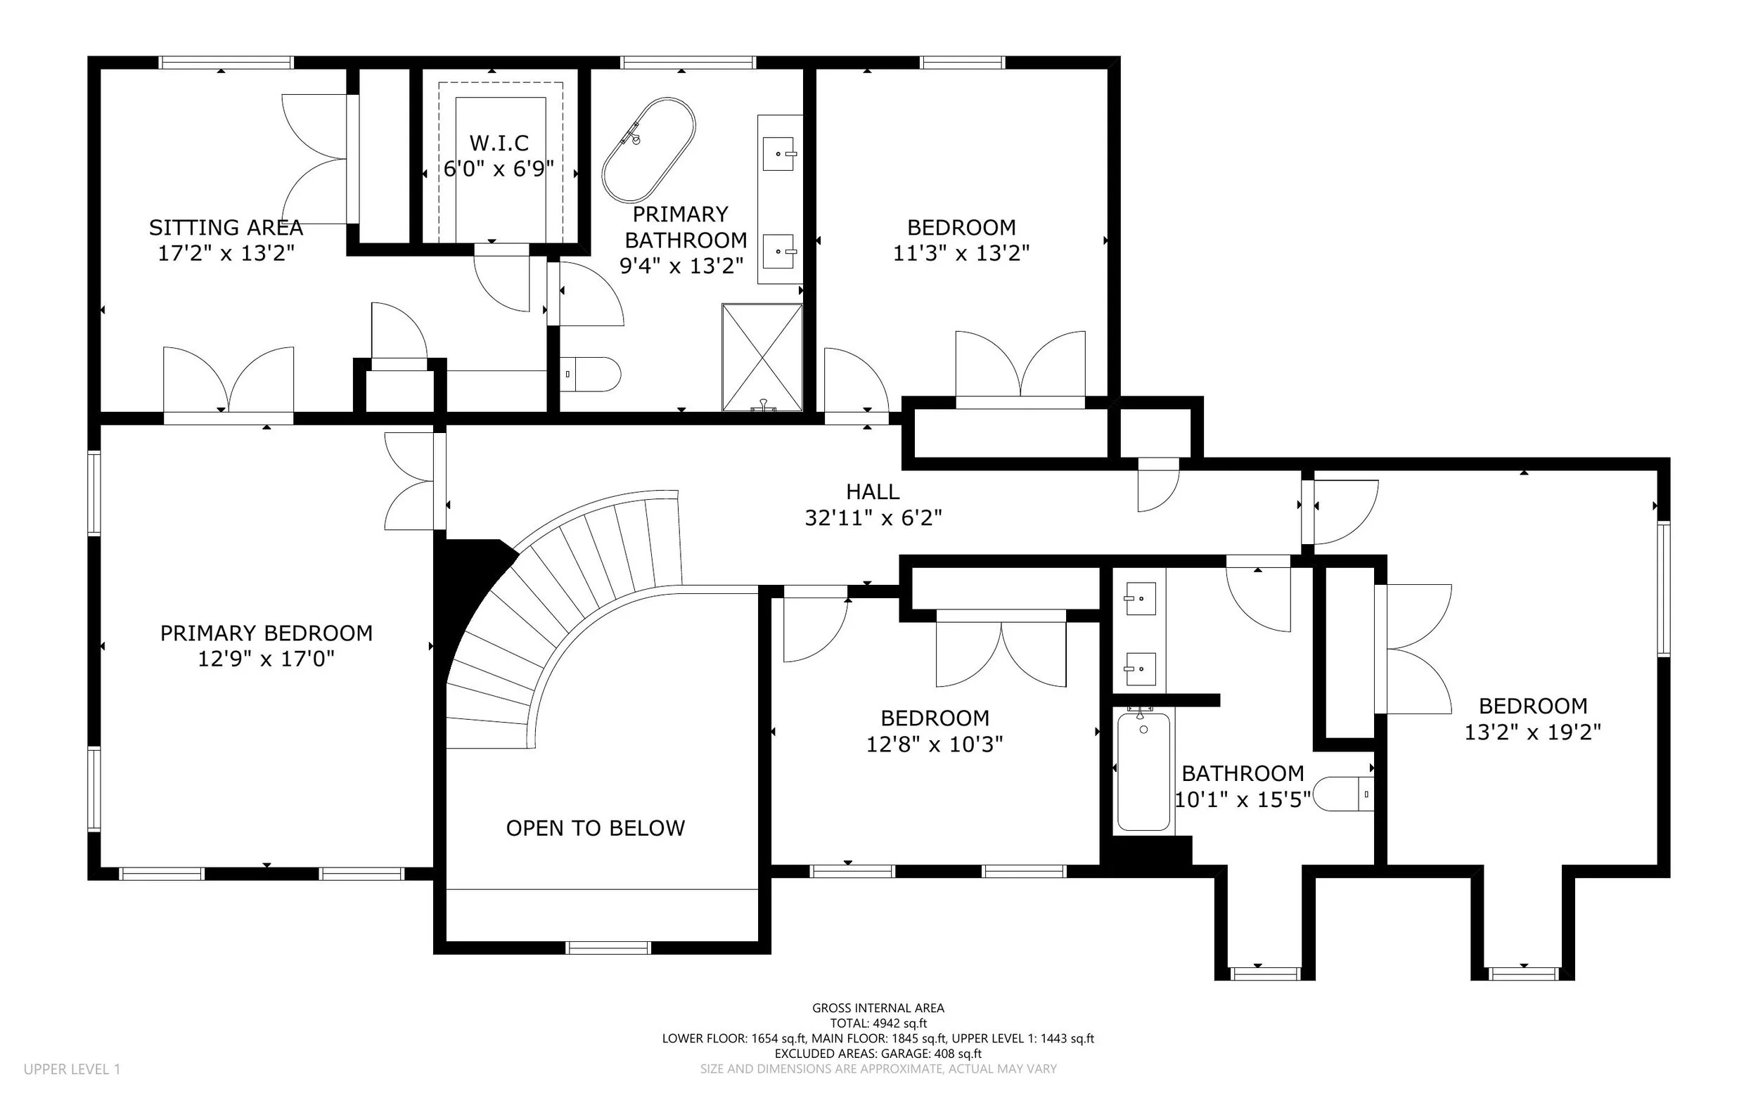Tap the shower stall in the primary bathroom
coord(762,358)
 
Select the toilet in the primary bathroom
coord(590,374)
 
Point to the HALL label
coord(873,491)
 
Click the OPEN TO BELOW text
coord(595,828)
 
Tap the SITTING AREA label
coord(226,227)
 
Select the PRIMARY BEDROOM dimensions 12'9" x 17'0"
coord(266,659)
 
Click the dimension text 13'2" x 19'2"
coord(1533,731)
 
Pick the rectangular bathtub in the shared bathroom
coord(1143,771)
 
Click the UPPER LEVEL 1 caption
coord(72,1069)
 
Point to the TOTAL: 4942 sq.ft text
coord(878,1023)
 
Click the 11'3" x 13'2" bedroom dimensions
coord(961,253)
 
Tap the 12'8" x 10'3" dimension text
coord(935,744)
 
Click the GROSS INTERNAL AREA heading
coord(878,1008)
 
